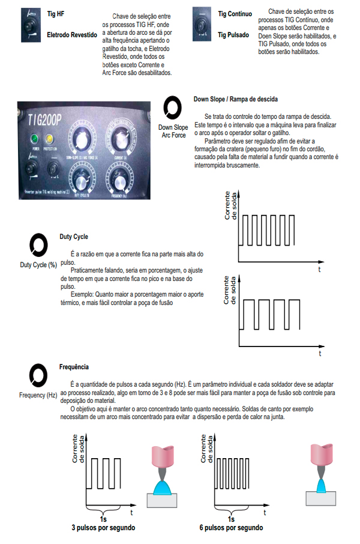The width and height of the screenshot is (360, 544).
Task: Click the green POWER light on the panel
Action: (x=35, y=139)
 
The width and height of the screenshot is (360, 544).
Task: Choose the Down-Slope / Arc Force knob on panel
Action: (x=85, y=137)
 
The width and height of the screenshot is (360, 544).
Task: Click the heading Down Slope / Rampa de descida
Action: (x=235, y=99)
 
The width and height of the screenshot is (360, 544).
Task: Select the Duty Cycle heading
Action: (x=73, y=237)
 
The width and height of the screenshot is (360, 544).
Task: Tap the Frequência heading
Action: (x=74, y=366)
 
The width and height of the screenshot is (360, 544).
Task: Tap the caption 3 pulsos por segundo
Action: (x=103, y=528)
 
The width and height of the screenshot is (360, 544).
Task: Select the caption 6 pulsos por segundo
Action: (x=231, y=528)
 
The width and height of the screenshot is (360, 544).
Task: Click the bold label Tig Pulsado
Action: (x=233, y=35)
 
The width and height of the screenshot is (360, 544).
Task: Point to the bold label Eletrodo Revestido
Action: (x=71, y=35)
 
